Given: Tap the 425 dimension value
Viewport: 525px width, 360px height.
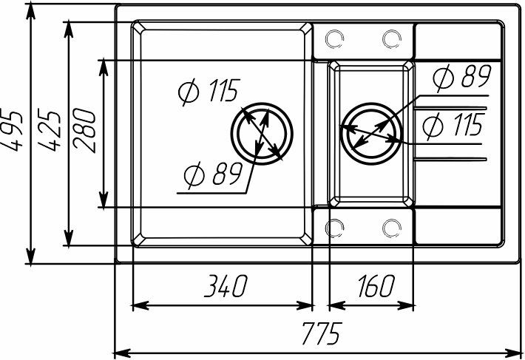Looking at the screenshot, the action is point(50,130).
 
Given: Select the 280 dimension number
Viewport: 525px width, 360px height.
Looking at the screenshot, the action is point(84,131).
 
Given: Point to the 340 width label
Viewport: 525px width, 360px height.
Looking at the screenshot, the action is point(226,286).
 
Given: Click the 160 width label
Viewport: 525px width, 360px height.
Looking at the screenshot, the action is point(376,286).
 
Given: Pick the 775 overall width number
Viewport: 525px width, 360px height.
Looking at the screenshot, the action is point(322,333).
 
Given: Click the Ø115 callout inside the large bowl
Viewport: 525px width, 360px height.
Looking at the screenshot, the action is point(209,91).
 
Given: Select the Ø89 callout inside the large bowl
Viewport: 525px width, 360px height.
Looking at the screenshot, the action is point(213,174).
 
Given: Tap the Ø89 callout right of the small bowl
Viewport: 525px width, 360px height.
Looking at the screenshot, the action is point(462,77).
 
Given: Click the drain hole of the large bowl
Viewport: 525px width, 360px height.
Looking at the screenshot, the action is point(262,134).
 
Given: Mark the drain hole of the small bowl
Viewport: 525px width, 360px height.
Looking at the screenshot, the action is point(371,134).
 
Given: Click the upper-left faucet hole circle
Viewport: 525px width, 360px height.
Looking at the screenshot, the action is point(334,39).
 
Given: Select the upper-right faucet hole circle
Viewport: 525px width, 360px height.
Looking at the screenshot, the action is point(392,39).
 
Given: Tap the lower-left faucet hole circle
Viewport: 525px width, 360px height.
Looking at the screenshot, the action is point(334,228).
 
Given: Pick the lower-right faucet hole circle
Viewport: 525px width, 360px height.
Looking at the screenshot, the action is point(392,228).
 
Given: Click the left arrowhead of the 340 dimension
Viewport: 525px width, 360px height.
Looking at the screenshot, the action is point(140,305).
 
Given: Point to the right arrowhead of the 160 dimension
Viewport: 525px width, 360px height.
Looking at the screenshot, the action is point(405,305).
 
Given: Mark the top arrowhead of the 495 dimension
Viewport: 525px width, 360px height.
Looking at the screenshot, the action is point(30,13).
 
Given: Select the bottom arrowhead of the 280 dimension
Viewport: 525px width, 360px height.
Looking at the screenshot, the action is point(104,200).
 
